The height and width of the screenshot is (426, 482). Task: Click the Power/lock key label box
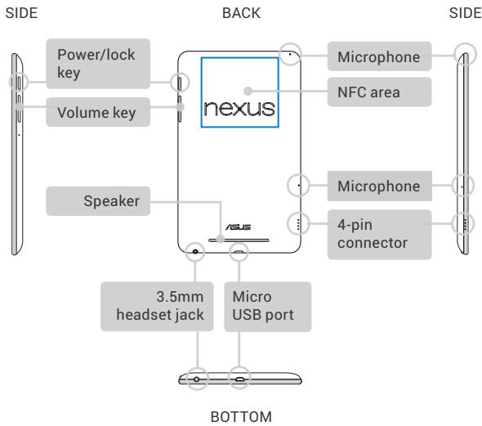[x=98, y=64]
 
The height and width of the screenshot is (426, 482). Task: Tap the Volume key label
[x=98, y=112]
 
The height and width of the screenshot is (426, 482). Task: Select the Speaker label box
[x=98, y=201]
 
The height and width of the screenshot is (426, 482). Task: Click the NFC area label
[x=379, y=92]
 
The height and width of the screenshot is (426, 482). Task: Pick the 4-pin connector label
[x=379, y=235]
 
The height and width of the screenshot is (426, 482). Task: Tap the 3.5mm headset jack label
[x=157, y=307]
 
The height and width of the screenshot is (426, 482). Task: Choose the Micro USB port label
[x=268, y=307]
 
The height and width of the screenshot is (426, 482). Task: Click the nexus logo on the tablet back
[x=239, y=109]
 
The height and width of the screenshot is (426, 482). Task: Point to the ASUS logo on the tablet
[x=239, y=227]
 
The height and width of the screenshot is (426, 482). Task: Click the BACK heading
[x=241, y=13]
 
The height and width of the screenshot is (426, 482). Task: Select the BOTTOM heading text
[x=241, y=417]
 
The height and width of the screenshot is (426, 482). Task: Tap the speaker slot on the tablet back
[x=239, y=240]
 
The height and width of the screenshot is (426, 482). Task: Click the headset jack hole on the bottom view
[x=196, y=379]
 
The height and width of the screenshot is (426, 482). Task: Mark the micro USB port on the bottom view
[x=240, y=379]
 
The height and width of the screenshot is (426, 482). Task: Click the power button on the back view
[x=180, y=83]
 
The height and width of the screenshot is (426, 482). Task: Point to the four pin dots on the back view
[x=298, y=224]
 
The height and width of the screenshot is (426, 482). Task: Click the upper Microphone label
[x=379, y=56]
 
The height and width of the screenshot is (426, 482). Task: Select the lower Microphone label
[x=379, y=186]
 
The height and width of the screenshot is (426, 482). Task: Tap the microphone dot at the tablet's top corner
[x=290, y=55]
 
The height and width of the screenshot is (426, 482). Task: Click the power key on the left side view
[x=20, y=83]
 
